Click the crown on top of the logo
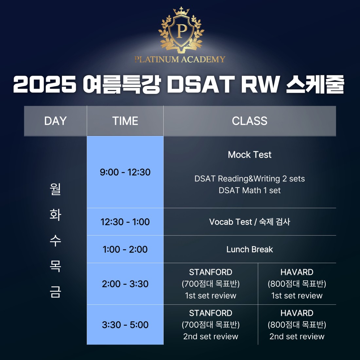pyautogui.click(x=181, y=11)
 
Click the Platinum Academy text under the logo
pyautogui.click(x=180, y=59)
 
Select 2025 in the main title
pyautogui.click(x=45, y=84)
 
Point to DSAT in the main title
pyautogui.click(x=201, y=84)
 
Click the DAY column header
pyautogui.click(x=55, y=121)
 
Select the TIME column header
pyautogui.click(x=125, y=121)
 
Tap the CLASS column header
pyautogui.click(x=250, y=121)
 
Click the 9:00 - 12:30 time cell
pyautogui.click(x=125, y=172)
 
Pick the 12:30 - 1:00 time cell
pyautogui.click(x=125, y=222)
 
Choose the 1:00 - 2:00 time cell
pyautogui.click(x=125, y=249)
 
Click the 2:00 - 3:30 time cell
pyautogui.click(x=125, y=284)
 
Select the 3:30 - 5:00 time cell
pyautogui.click(x=125, y=325)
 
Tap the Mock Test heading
pyautogui.click(x=250, y=155)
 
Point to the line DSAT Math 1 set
pyautogui.click(x=250, y=190)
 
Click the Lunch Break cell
pyautogui.click(x=250, y=249)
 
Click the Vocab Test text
pyautogui.click(x=230, y=222)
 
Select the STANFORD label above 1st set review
pyautogui.click(x=210, y=272)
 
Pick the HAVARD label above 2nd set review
pyautogui.click(x=297, y=313)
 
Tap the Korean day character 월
pyautogui.click(x=55, y=189)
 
